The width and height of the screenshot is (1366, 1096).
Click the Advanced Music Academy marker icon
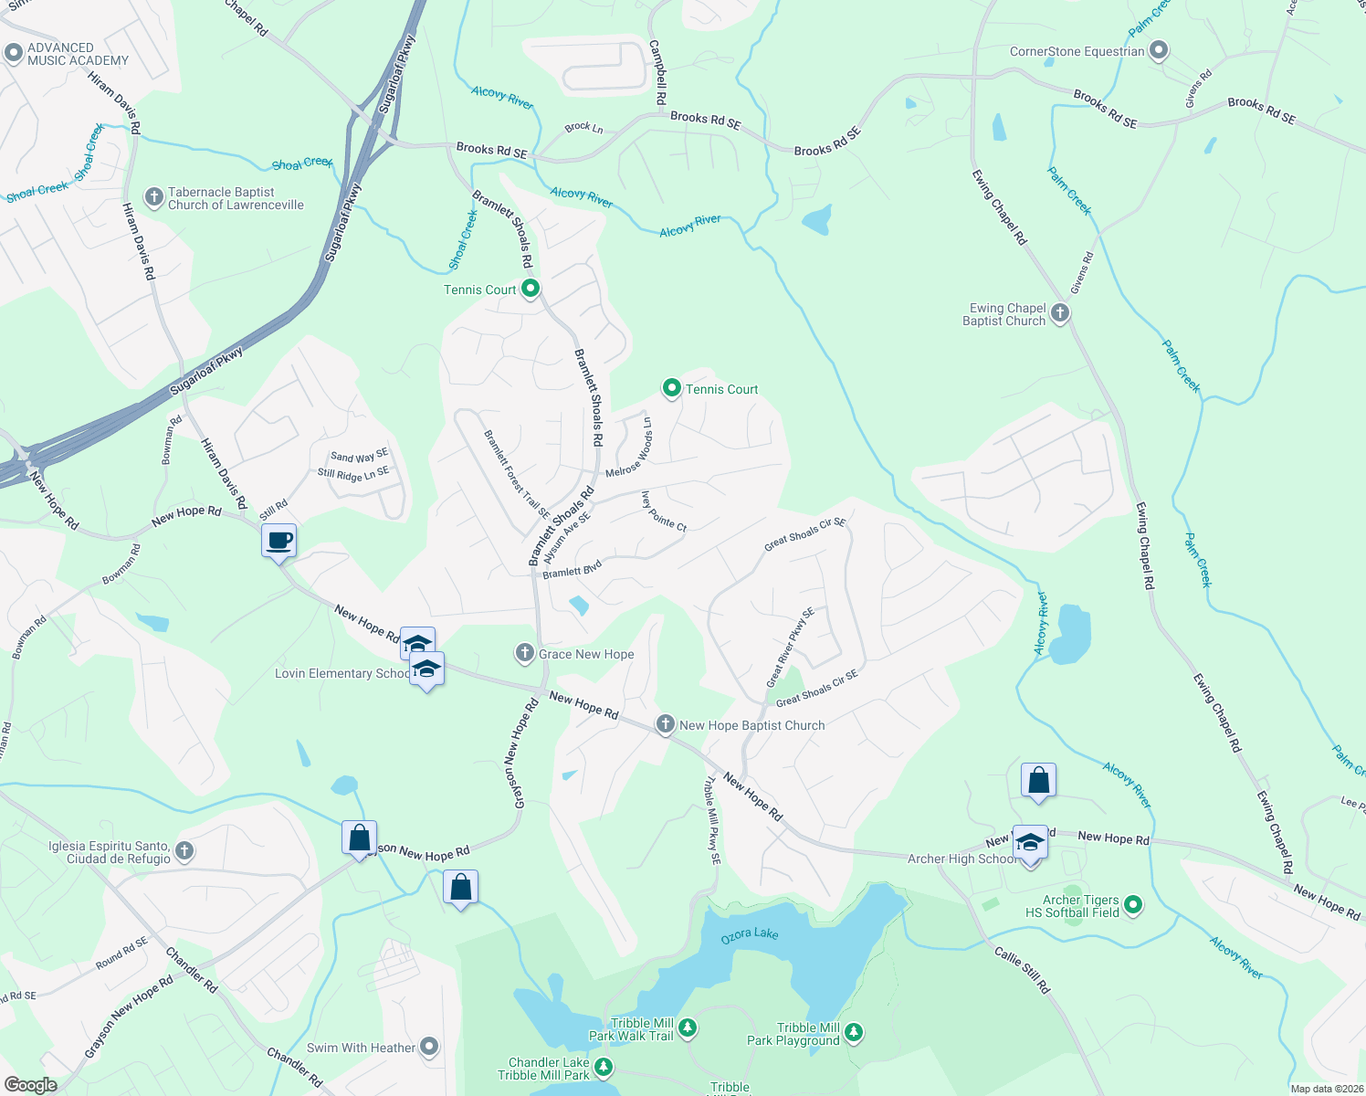pyautogui.click(x=13, y=54)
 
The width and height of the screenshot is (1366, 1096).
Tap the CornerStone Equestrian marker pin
pyautogui.click(x=1159, y=51)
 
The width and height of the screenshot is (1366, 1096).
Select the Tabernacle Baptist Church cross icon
pyautogui.click(x=155, y=198)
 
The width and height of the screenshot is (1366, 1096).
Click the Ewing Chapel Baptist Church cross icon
pyautogui.click(x=1059, y=314)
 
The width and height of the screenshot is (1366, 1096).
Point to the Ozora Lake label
pyautogui.click(x=750, y=934)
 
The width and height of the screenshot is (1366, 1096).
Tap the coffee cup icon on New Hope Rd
pyautogui.click(x=279, y=542)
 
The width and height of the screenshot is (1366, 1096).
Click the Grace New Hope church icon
pyautogui.click(x=524, y=653)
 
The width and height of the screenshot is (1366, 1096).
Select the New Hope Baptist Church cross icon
pyautogui.click(x=666, y=725)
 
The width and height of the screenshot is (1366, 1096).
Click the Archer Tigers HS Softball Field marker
pyautogui.click(x=1133, y=905)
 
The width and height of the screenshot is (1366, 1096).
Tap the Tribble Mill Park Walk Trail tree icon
pyautogui.click(x=688, y=1028)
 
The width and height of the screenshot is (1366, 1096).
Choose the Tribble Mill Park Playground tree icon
pyautogui.click(x=854, y=1033)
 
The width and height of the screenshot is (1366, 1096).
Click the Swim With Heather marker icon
pyautogui.click(x=429, y=1047)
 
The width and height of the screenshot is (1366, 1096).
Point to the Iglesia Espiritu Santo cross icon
pyautogui.click(x=184, y=852)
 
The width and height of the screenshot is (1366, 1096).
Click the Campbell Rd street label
pyautogui.click(x=657, y=71)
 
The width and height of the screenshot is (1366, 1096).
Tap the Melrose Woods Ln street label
pyautogui.click(x=630, y=448)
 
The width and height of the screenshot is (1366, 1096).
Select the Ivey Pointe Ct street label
pyautogui.click(x=664, y=511)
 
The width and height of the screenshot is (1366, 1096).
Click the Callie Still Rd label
pyautogui.click(x=1023, y=970)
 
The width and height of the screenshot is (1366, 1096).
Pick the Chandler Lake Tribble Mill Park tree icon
pyautogui.click(x=603, y=1068)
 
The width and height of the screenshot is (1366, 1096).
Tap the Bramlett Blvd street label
pyautogui.click(x=573, y=570)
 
